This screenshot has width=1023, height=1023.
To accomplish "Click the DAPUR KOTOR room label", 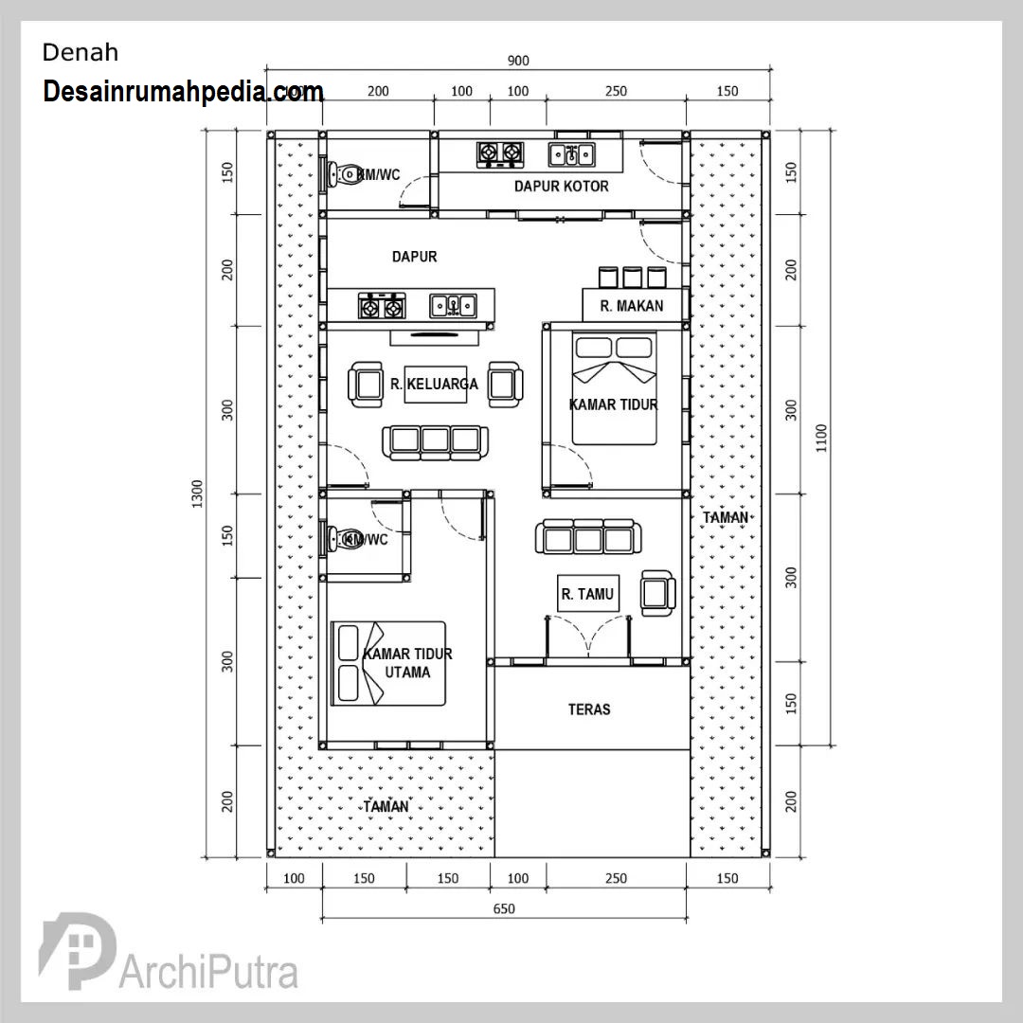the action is coord(561,187).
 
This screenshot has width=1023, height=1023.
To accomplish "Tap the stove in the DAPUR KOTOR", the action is coord(500,154).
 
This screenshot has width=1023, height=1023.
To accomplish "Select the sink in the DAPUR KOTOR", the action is coord(571,154).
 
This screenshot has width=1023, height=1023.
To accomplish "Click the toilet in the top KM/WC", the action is coord(344,174).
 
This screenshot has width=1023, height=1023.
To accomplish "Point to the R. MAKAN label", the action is coord(632,306).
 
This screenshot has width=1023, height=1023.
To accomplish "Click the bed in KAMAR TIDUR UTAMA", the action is coord(388,663).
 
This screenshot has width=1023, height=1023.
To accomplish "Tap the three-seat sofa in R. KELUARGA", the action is coord(435,442).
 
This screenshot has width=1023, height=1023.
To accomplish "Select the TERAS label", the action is coord(589,709).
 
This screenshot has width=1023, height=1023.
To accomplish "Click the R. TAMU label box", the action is coord(588,594).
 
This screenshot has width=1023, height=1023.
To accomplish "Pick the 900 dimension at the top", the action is coord(518,61).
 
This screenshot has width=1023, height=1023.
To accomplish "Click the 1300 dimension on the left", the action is coord(197,494).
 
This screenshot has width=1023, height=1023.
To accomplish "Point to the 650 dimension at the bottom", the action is coord(504,908).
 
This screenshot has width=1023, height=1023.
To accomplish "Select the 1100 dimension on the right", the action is coord(821,438).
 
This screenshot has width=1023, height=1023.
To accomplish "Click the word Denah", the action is coord(81,53).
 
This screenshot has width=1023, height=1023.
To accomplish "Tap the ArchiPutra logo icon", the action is coord(77,951).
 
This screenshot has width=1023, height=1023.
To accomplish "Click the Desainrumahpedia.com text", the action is coord(184,92).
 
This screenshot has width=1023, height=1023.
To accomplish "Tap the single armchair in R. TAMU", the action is coord(657,593).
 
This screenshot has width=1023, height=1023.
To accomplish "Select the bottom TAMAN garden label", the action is coord(386,806).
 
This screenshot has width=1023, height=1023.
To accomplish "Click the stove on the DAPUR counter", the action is coord(382,306).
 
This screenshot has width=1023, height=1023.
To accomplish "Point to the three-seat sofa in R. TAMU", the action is coord(588,537).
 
